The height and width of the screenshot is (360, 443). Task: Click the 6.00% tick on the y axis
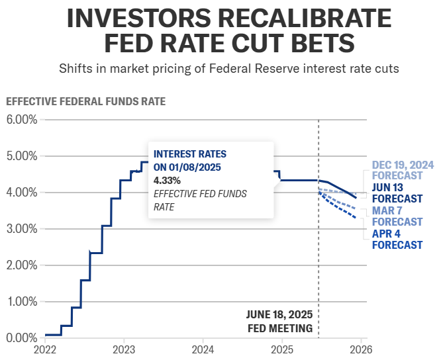pos(21,120)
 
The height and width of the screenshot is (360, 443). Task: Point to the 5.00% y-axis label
pos(21,156)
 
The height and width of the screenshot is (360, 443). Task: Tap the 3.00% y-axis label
pos(21,229)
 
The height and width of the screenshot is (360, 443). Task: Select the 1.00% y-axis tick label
pos(21,302)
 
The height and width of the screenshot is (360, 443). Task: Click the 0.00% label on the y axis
pos(21,338)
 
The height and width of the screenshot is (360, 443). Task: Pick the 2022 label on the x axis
pos(46,349)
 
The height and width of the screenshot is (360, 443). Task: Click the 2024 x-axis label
pos(203,349)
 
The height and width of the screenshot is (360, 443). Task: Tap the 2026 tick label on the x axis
pos(361,349)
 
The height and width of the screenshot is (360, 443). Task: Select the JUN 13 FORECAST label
pos(397,193)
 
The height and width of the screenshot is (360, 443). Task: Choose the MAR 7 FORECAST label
pos(397,216)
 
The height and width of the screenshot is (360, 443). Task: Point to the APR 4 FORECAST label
pos(397,239)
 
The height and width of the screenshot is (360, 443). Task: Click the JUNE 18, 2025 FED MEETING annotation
pos(279,321)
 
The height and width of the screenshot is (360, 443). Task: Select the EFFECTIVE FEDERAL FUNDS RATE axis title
pos(85,102)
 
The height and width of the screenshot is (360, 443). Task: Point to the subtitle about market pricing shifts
pos(228,69)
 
